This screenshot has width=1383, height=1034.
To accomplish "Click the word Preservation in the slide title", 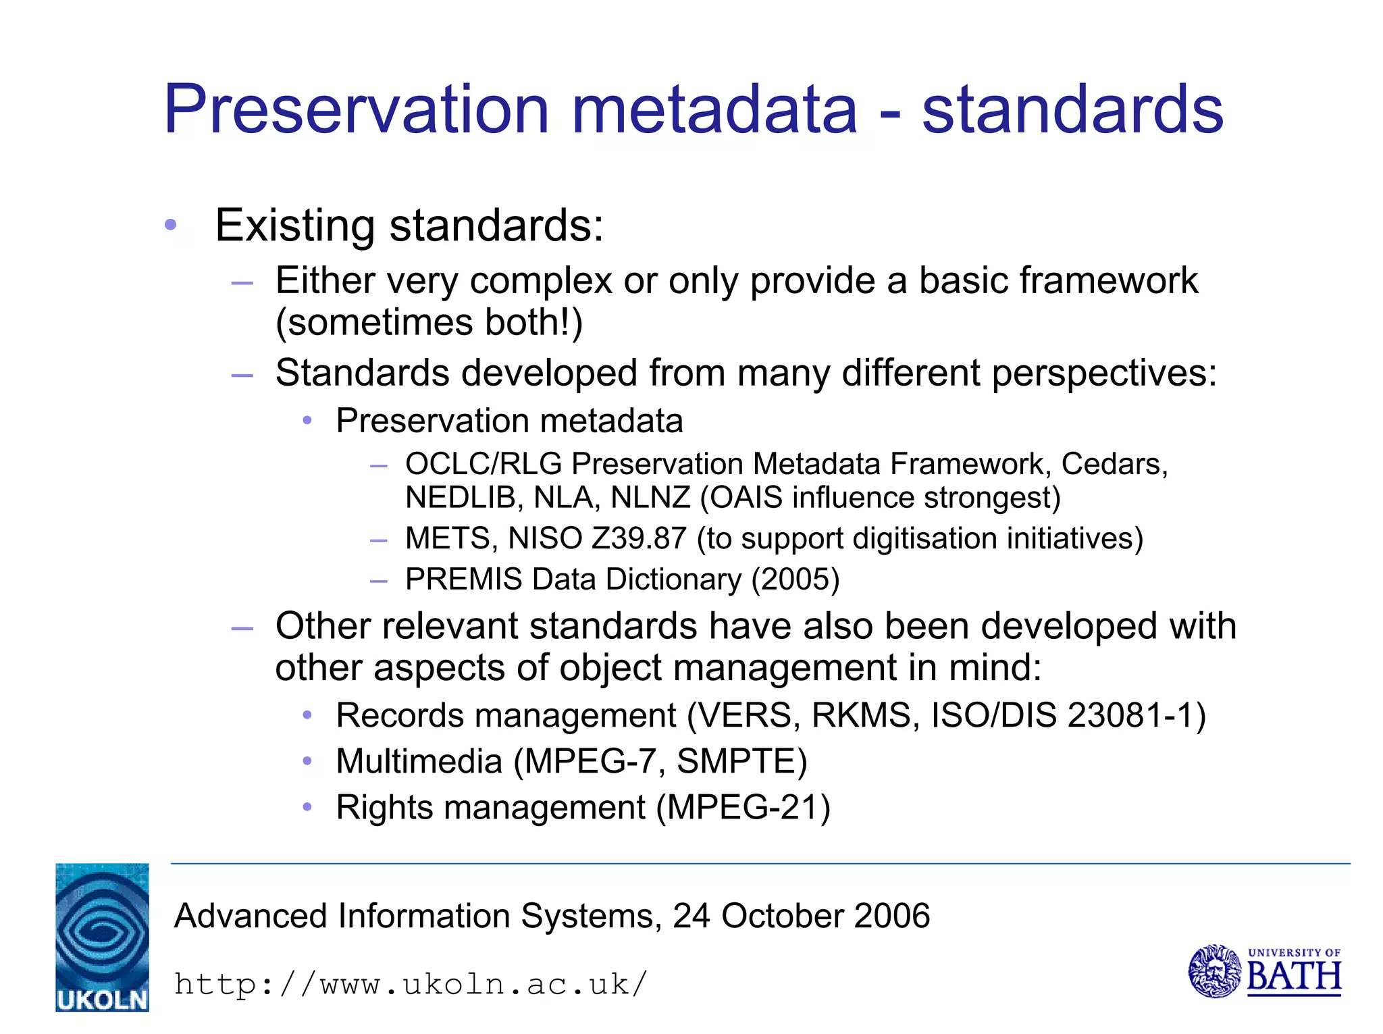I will pos(357,109).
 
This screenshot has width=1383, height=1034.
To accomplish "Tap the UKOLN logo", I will pos(102,937).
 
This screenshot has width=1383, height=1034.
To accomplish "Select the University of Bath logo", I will pos(1264,971).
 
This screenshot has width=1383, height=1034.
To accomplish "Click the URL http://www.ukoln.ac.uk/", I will pos(411,984).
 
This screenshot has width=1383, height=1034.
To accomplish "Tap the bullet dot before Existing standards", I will pos(171,225).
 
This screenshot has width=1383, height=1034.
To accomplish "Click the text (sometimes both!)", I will pos(429,322).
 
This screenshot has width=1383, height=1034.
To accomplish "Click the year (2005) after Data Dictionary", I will pos(795,579).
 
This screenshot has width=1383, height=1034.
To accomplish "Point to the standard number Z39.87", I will pos(638,539).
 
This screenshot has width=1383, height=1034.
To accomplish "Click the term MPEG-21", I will pos(743,807).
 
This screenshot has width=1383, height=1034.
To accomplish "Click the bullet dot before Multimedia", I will pos(307,761).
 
